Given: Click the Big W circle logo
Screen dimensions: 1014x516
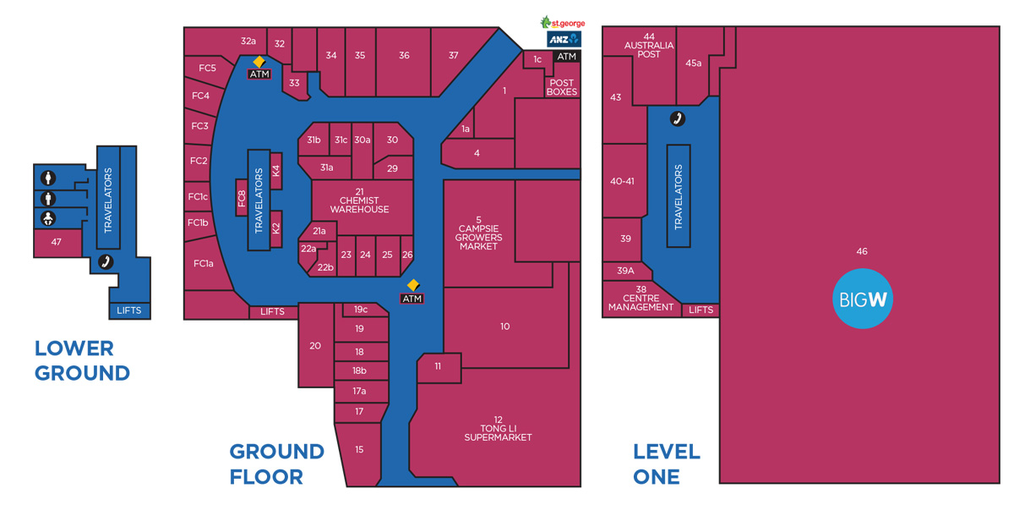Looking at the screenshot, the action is (x=863, y=299).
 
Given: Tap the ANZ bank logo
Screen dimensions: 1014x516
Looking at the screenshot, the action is (x=564, y=40).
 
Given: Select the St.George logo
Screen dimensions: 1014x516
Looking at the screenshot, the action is (x=563, y=22).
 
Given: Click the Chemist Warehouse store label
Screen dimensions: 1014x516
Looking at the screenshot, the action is (x=359, y=200).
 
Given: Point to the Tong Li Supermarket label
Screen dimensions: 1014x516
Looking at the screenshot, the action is (x=498, y=429).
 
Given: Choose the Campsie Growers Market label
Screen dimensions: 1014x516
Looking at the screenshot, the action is (x=478, y=233).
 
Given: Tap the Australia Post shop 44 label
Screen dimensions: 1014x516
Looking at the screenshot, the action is (x=649, y=46).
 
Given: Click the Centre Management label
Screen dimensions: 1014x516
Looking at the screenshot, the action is (x=641, y=298).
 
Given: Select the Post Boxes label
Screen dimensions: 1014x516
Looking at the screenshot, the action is (x=561, y=87).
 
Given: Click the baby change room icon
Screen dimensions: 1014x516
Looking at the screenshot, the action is (x=48, y=218).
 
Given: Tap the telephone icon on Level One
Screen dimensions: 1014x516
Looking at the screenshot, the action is (x=677, y=118).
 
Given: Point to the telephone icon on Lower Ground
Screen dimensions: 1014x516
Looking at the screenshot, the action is (x=106, y=262).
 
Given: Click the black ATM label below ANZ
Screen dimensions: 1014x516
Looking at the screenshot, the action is (x=566, y=56).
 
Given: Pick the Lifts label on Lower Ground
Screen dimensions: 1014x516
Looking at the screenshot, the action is (x=129, y=310).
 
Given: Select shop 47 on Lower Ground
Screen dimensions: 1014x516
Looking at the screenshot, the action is (x=56, y=242).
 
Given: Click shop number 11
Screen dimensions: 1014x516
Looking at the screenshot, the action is (x=438, y=366).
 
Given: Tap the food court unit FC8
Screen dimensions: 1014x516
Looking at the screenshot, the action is (x=242, y=198).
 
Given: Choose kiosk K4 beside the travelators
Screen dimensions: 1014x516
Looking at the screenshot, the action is (x=276, y=171).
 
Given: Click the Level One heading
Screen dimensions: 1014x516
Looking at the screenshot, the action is (x=667, y=464).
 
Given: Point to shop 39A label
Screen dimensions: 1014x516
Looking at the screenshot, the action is (x=625, y=271).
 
